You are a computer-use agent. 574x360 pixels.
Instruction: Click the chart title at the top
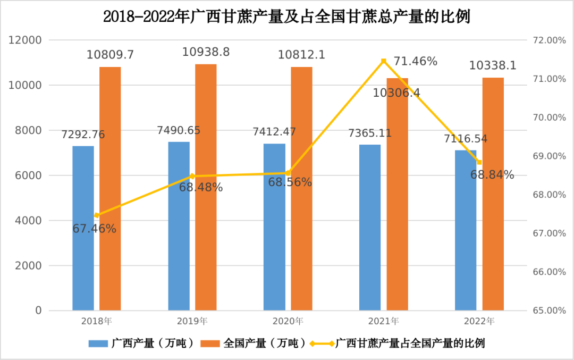(x=287, y=17)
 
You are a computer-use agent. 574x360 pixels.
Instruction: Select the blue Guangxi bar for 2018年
(x=83, y=229)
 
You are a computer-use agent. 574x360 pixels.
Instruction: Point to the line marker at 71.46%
(x=383, y=61)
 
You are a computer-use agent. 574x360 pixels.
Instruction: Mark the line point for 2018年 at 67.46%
(x=97, y=215)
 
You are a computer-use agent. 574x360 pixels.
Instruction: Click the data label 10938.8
(x=206, y=52)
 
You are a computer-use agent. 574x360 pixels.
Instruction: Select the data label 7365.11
(x=370, y=133)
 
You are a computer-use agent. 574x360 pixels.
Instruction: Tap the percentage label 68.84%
(x=492, y=175)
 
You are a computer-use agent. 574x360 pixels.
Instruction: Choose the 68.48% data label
(x=201, y=187)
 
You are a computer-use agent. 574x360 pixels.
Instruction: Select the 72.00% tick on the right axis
(x=547, y=40)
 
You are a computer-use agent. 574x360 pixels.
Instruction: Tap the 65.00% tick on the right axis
(x=547, y=311)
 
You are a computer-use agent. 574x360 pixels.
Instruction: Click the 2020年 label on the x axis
(x=288, y=321)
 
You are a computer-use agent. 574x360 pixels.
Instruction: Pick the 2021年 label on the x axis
(x=383, y=321)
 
